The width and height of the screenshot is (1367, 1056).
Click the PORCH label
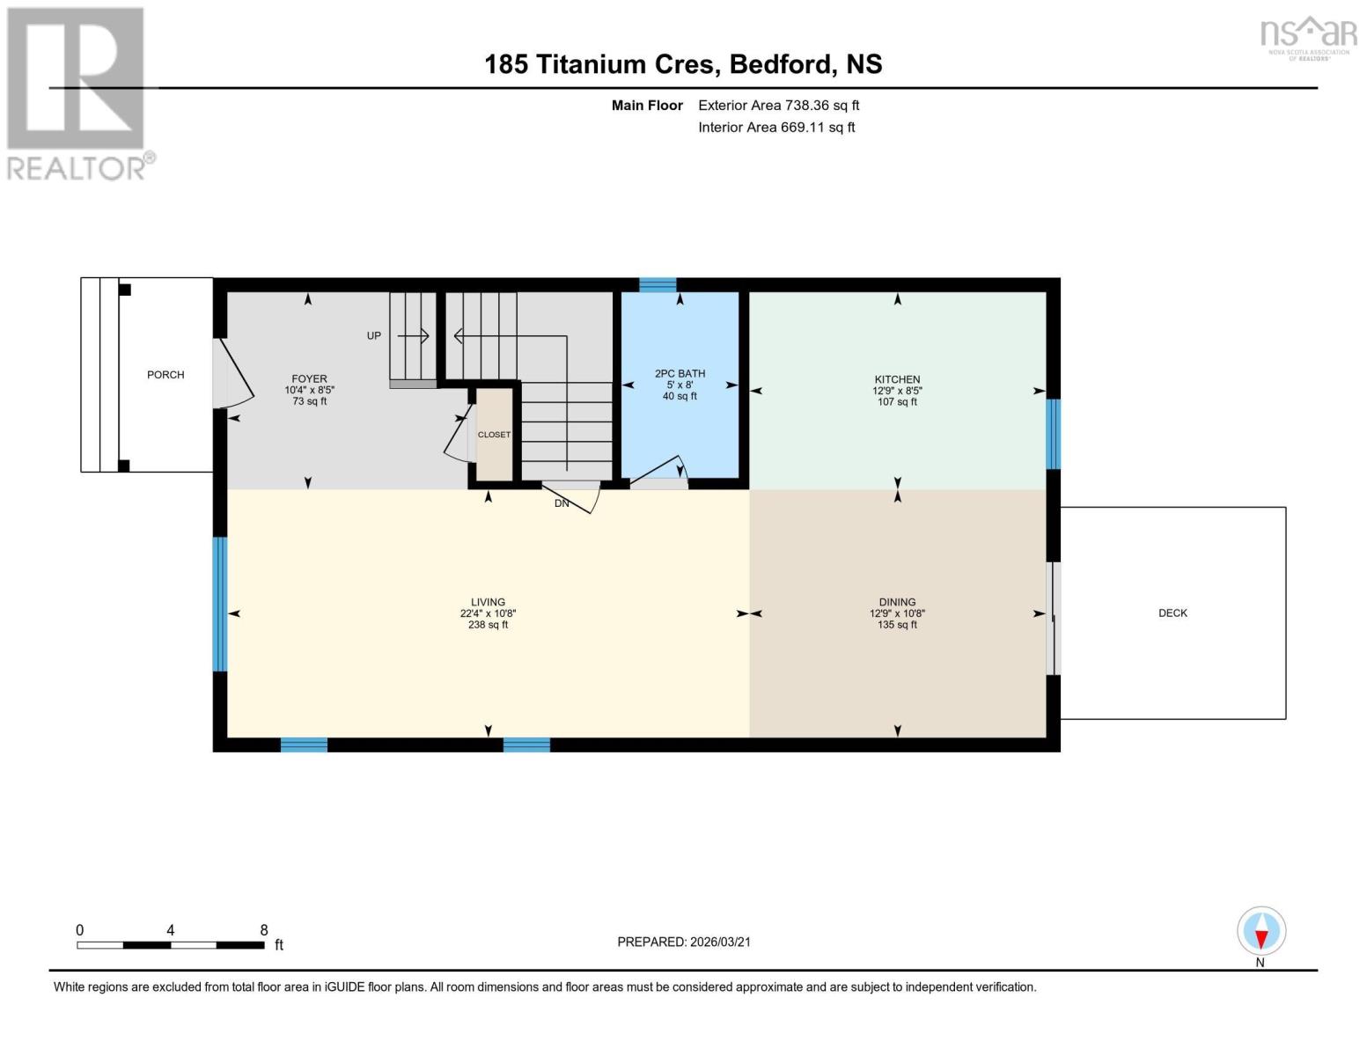point(165,375)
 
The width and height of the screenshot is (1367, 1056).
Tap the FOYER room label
point(309,379)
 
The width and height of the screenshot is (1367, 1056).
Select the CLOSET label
point(494,435)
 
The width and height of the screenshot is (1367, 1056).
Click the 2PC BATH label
point(680,374)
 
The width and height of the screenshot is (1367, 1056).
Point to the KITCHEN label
point(897,379)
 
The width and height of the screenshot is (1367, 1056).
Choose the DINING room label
point(897,603)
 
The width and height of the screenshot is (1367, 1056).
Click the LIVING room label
point(488,603)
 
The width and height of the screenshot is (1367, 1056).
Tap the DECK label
point(1172,613)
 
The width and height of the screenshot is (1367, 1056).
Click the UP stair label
point(374,336)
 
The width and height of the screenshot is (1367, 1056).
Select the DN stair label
point(562,504)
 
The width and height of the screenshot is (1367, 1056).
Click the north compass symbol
point(1261,931)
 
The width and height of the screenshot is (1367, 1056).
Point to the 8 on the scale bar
point(264,930)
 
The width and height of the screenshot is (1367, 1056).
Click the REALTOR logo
point(77,93)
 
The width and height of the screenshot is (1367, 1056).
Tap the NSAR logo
point(1309,37)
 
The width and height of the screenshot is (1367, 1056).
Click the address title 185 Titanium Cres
point(683,64)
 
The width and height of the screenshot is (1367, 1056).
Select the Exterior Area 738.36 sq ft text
point(778,106)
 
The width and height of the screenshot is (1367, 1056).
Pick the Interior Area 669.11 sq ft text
point(776,128)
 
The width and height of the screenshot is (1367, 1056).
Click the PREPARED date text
point(684,942)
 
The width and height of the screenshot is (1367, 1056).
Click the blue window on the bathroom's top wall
point(658,284)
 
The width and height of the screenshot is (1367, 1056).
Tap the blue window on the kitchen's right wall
point(1053,434)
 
